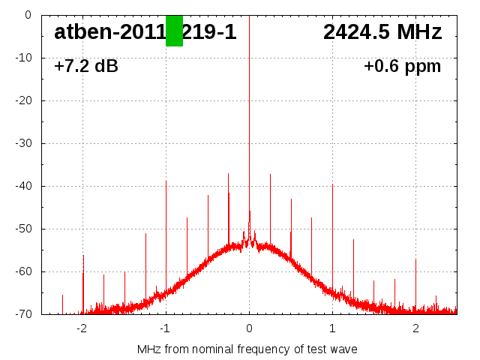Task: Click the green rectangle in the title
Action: point(174,31)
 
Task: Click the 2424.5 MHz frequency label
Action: point(382,32)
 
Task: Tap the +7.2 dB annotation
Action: point(86,66)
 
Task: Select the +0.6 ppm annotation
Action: point(403,66)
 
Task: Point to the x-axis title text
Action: point(247,349)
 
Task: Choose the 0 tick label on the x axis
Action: point(249,328)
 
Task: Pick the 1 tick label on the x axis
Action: point(332,328)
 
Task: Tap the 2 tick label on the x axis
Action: point(415,328)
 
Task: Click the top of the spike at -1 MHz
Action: point(166,181)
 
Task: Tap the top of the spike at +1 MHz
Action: point(332,184)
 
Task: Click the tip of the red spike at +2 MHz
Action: point(415,259)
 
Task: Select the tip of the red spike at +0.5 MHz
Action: point(291,199)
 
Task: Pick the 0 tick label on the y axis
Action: point(28,15)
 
